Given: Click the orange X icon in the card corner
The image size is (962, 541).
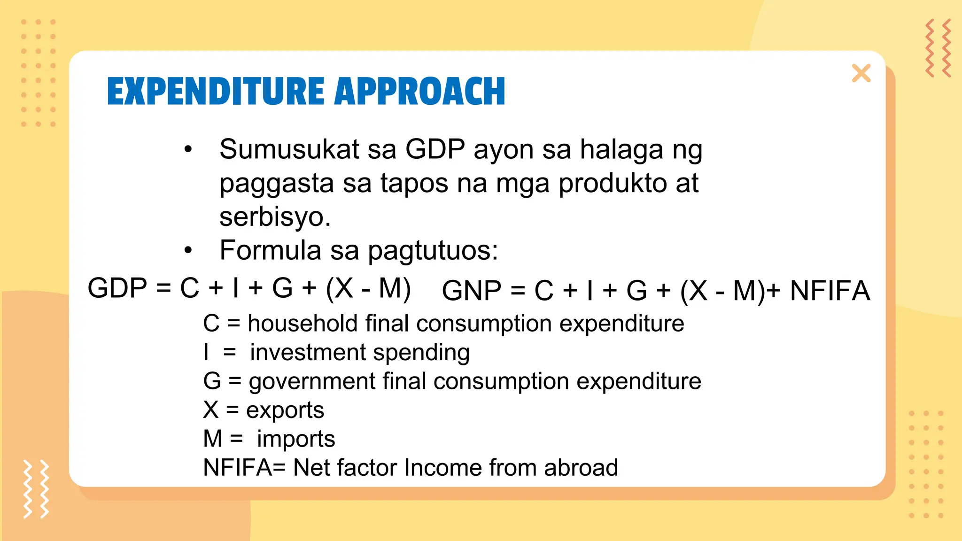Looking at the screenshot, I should (x=861, y=73).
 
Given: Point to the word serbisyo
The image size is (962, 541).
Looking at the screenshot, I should (x=275, y=217).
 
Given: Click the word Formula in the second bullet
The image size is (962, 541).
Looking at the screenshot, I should (x=271, y=250).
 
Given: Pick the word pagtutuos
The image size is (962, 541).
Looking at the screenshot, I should (x=432, y=251).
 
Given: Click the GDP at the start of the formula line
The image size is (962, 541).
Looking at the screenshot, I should (x=117, y=288).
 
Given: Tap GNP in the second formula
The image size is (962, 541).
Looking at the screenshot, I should (x=471, y=290).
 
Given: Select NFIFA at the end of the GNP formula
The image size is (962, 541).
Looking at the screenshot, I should (x=830, y=290).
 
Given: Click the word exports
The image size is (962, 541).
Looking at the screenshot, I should (x=285, y=410).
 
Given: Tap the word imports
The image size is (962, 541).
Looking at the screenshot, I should (x=296, y=439).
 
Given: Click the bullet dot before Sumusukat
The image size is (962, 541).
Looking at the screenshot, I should (x=188, y=149).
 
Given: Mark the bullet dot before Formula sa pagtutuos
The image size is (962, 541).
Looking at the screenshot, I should (x=188, y=250).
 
